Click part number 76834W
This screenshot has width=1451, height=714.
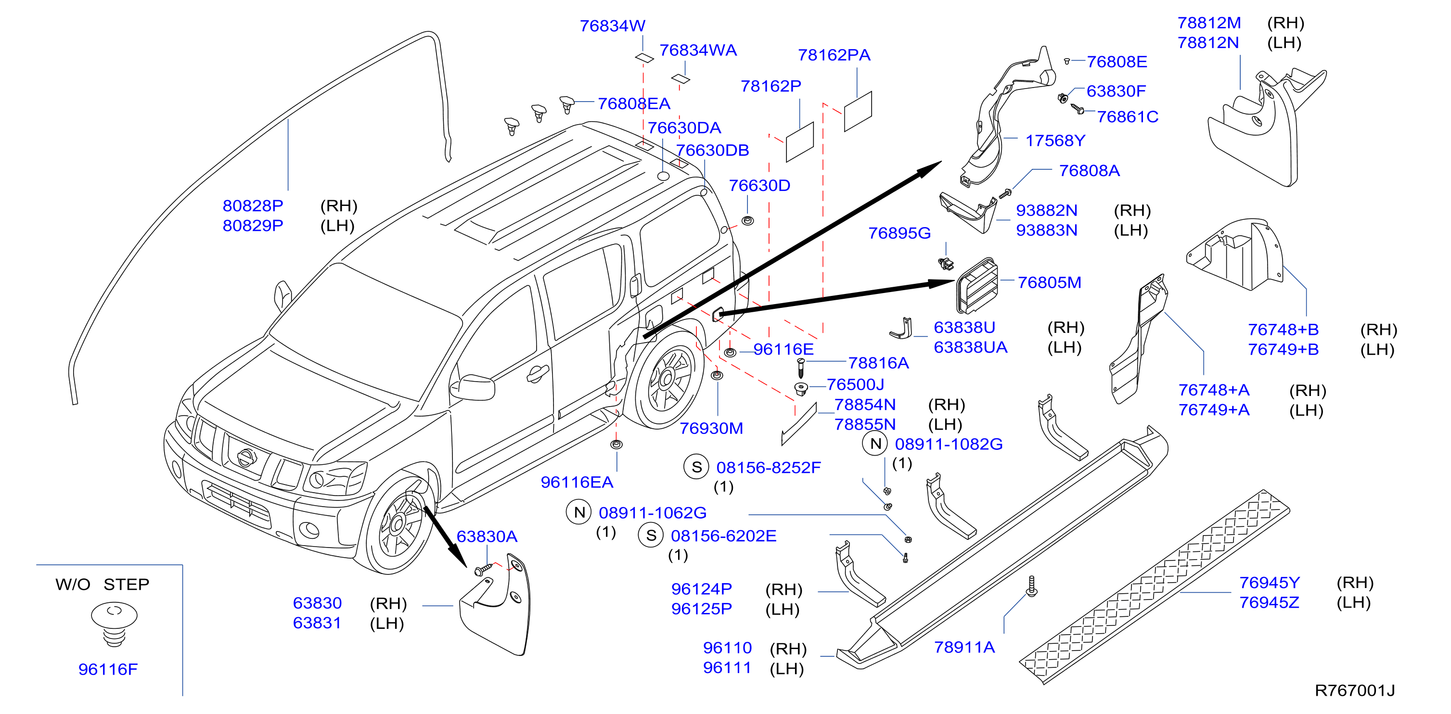(612, 26)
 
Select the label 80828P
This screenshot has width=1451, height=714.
(253, 205)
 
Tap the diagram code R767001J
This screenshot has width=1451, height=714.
(1354, 690)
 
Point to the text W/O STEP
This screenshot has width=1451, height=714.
(102, 584)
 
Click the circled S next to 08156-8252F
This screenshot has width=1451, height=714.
(697, 467)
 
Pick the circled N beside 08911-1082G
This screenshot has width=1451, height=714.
(875, 444)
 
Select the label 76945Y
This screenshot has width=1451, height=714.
(1270, 582)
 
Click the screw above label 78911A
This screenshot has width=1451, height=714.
(1032, 586)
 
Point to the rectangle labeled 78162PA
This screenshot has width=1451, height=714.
(858, 112)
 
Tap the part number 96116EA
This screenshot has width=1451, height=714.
(577, 482)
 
